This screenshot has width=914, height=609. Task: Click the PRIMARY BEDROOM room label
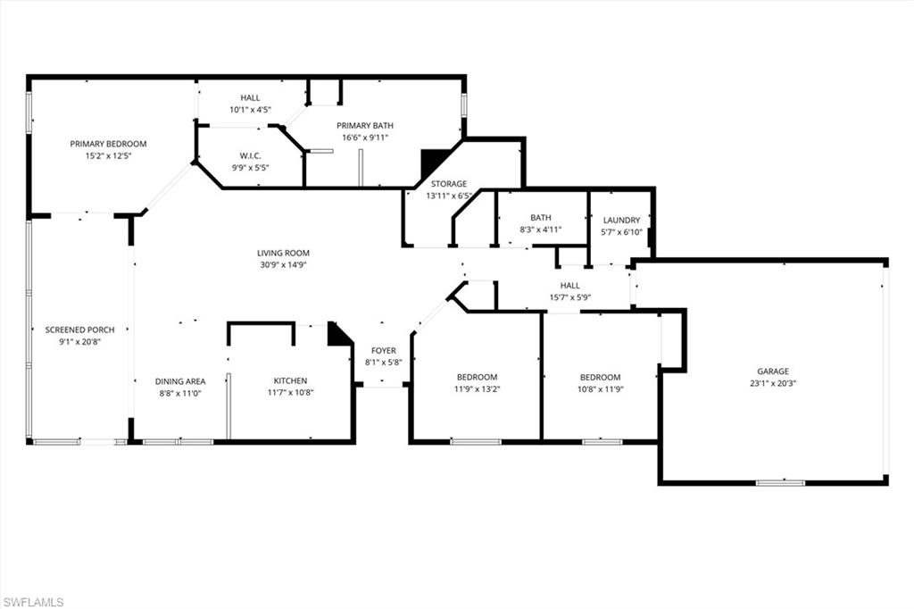[x=108, y=144]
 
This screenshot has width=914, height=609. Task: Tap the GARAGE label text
[x=773, y=371]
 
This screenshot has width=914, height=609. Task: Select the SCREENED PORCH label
[x=79, y=330]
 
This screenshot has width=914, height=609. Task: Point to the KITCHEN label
[x=290, y=380]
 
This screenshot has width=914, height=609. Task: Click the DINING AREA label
[x=180, y=380]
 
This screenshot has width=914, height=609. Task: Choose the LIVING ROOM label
[x=283, y=253]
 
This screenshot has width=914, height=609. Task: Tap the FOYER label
[x=384, y=351]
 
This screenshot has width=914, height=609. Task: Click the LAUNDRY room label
[x=621, y=220]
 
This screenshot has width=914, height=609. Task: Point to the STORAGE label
[x=448, y=184]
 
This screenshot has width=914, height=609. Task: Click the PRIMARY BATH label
[x=364, y=126]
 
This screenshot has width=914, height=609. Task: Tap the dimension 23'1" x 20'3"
[x=773, y=383]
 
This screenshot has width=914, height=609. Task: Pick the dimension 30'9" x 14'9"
[x=283, y=264]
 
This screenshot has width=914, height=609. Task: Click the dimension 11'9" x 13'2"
[x=476, y=388]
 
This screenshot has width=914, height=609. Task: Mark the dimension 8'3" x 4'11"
[x=541, y=229]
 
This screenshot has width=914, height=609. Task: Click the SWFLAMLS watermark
[x=33, y=602]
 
